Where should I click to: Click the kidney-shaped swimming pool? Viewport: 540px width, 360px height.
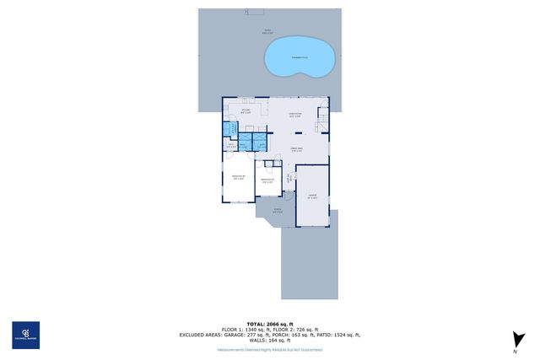coord(296,56)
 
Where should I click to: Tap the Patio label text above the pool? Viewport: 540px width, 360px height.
coord(267,32)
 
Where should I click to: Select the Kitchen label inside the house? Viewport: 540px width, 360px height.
coord(246,111)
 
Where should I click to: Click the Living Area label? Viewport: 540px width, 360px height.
coord(296,148)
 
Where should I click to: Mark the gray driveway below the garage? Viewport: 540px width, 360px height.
coord(310,261)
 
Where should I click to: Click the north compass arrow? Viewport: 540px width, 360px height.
coord(514,341)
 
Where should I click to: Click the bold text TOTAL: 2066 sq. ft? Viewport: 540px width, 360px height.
coord(269,324)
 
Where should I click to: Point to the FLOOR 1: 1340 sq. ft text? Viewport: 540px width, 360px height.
coord(243,330)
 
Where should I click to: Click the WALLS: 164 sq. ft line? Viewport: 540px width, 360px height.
coord(269,340)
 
